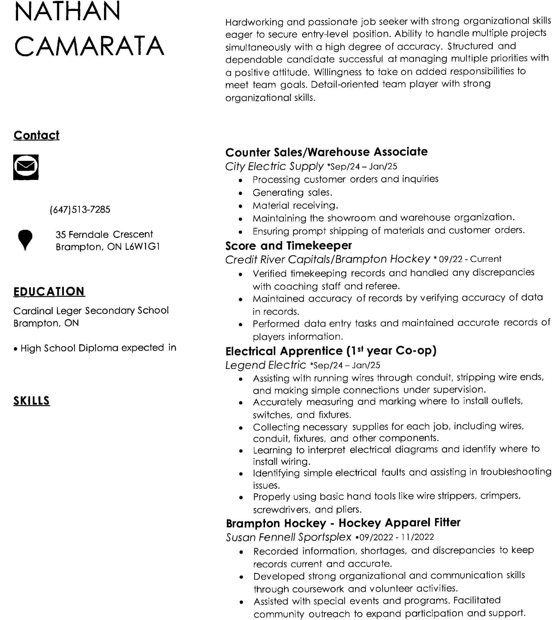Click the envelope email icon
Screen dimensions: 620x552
[26, 167]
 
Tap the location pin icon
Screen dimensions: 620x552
[25, 239]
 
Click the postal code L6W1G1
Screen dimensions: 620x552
[142, 247]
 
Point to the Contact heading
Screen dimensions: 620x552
[37, 135]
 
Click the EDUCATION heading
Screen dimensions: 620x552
[49, 291]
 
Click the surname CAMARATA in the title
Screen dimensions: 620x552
[89, 45]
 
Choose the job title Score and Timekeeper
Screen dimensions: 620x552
[289, 245]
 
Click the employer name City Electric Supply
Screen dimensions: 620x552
[274, 166]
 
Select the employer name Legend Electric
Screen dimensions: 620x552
[266, 365]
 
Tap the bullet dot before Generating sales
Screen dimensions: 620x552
[240, 193]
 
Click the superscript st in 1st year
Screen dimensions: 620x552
[360, 348]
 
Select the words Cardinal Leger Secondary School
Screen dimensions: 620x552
[91, 310]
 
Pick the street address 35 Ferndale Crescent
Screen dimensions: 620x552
[104, 234]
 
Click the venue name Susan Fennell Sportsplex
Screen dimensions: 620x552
[289, 537]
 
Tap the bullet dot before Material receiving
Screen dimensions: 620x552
[240, 206]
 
